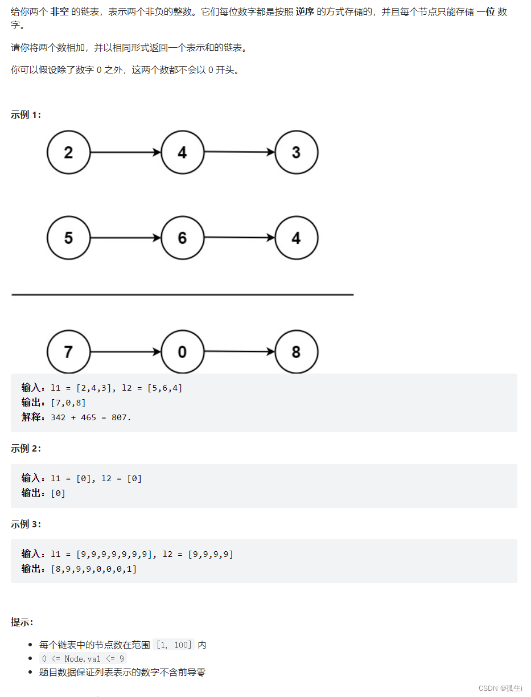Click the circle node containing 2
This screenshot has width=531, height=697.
coord(68,153)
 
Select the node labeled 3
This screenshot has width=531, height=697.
coord(296,153)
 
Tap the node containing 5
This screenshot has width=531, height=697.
coord(68,237)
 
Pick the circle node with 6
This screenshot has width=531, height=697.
coord(182,237)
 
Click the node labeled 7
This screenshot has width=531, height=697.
coord(68,352)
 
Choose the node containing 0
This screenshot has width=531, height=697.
coord(182,352)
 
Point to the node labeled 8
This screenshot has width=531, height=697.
coord(296,352)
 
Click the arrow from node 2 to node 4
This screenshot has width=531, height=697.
coord(125,153)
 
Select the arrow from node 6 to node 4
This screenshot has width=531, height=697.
coord(239,237)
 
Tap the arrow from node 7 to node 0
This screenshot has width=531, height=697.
coord(125,352)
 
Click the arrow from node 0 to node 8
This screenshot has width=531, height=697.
coord(239,352)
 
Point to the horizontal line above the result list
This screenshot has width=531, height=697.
coord(182,295)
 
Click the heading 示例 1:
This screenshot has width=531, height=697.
coord(26,114)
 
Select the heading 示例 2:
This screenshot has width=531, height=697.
coord(26,448)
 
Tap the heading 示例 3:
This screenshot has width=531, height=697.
coord(26,524)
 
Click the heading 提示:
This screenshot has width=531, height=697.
coord(22,622)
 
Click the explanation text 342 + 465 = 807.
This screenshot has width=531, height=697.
coord(91,417)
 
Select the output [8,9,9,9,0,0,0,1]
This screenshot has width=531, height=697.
coord(94,569)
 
